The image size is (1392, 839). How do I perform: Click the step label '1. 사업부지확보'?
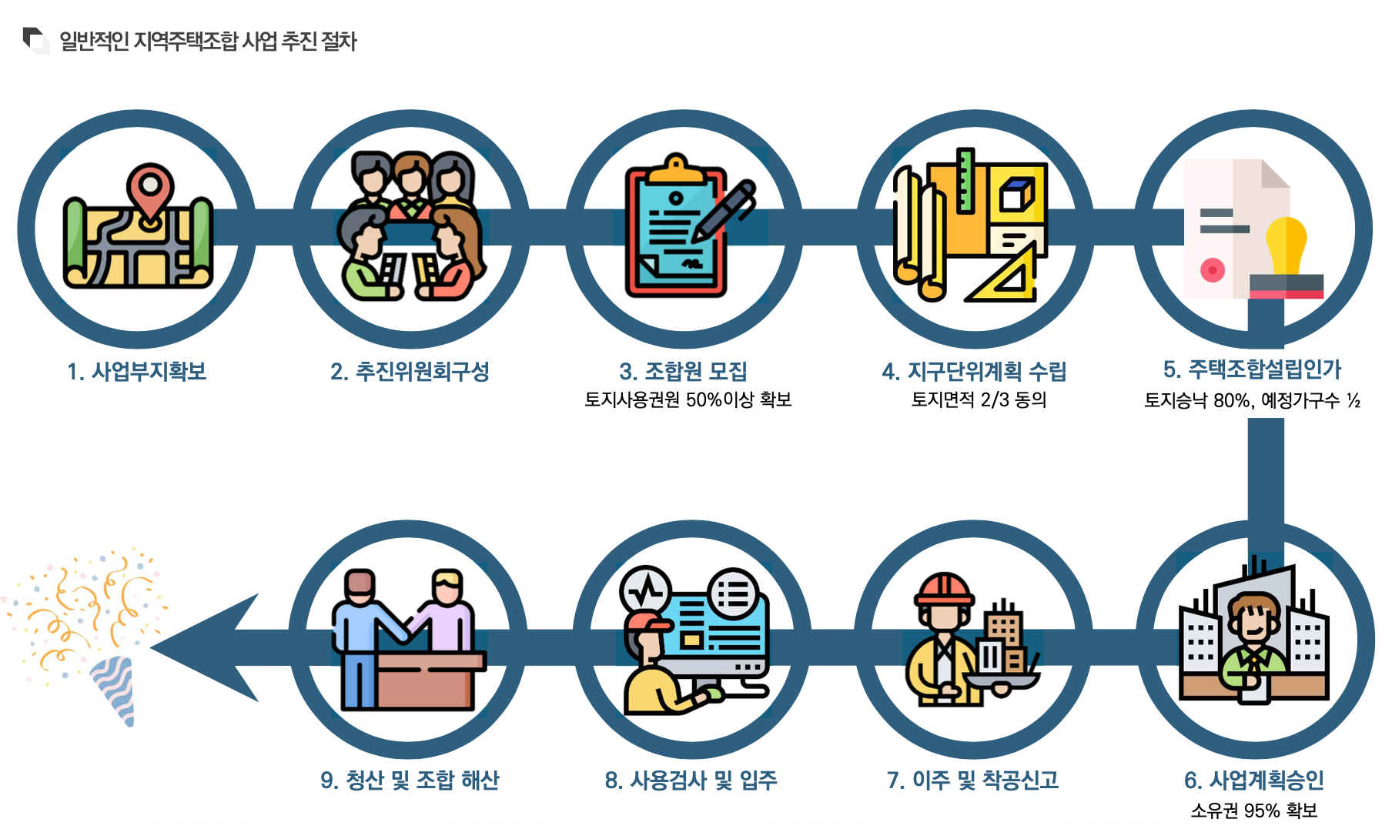[137, 372]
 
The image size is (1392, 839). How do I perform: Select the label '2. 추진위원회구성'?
[410, 372]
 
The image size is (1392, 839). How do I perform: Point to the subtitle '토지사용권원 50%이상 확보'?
[688, 399]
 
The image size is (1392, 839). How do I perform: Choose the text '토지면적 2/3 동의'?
[979, 399]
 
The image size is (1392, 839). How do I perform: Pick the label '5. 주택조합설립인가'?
[1252, 369]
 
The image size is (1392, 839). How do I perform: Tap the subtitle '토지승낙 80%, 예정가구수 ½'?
[1252, 400]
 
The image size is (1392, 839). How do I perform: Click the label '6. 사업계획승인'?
[1253, 781]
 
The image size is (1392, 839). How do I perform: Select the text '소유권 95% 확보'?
[1253, 811]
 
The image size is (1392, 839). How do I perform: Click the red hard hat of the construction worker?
[944, 590]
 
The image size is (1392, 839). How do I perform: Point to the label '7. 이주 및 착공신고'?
[972, 781]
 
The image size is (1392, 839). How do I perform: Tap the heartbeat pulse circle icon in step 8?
[646, 592]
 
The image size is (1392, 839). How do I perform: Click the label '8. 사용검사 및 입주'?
[691, 781]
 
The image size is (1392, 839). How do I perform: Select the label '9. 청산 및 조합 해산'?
[410, 781]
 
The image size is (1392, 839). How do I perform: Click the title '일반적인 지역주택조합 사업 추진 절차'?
[208, 41]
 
